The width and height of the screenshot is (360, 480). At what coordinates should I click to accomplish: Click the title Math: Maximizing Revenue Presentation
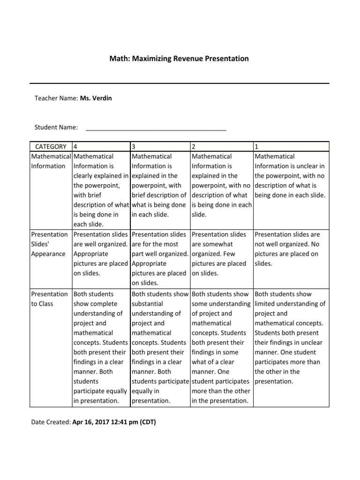pos(180,59)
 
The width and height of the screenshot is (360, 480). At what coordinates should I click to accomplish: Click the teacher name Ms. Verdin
pos(96,98)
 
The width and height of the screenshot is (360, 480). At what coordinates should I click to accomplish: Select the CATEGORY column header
pos(51,146)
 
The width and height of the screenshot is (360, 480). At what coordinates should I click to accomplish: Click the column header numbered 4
pos(101,146)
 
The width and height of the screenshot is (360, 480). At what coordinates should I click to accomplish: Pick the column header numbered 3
pos(160,146)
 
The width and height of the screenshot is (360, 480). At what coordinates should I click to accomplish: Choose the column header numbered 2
pos(221,146)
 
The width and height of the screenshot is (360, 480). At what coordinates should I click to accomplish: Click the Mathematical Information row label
pos(51,161)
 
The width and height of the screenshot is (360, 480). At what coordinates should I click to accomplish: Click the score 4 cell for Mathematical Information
pos(101,190)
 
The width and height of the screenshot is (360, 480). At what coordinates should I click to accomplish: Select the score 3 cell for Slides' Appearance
pos(160,258)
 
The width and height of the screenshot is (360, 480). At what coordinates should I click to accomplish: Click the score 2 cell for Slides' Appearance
pos(221,254)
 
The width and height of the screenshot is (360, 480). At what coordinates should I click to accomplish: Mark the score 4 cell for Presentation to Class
pos(101,347)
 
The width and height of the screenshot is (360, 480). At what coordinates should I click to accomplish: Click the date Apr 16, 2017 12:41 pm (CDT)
pos(114,422)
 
